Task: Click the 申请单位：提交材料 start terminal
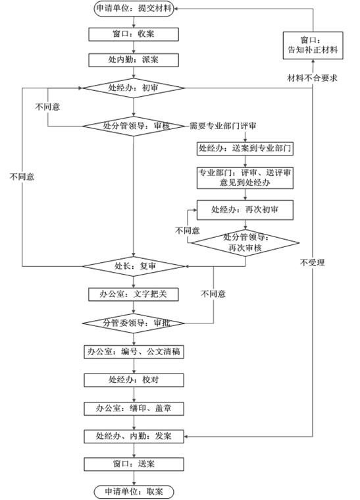click(133, 9)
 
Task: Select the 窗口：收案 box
click(133, 34)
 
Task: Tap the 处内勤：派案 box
click(133, 60)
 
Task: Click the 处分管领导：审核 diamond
click(133, 126)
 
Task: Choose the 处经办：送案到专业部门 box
click(244, 148)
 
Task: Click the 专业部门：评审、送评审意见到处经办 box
click(245, 178)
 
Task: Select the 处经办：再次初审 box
click(245, 210)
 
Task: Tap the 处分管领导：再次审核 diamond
click(245, 242)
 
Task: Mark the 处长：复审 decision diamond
click(133, 266)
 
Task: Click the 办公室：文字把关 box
click(133, 294)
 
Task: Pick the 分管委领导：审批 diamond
click(133, 323)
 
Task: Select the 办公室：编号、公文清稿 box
click(133, 352)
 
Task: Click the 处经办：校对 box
click(133, 380)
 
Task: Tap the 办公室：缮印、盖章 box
click(133, 408)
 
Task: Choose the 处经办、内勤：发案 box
click(133, 436)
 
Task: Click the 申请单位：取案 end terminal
click(133, 491)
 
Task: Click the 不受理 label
click(313, 263)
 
